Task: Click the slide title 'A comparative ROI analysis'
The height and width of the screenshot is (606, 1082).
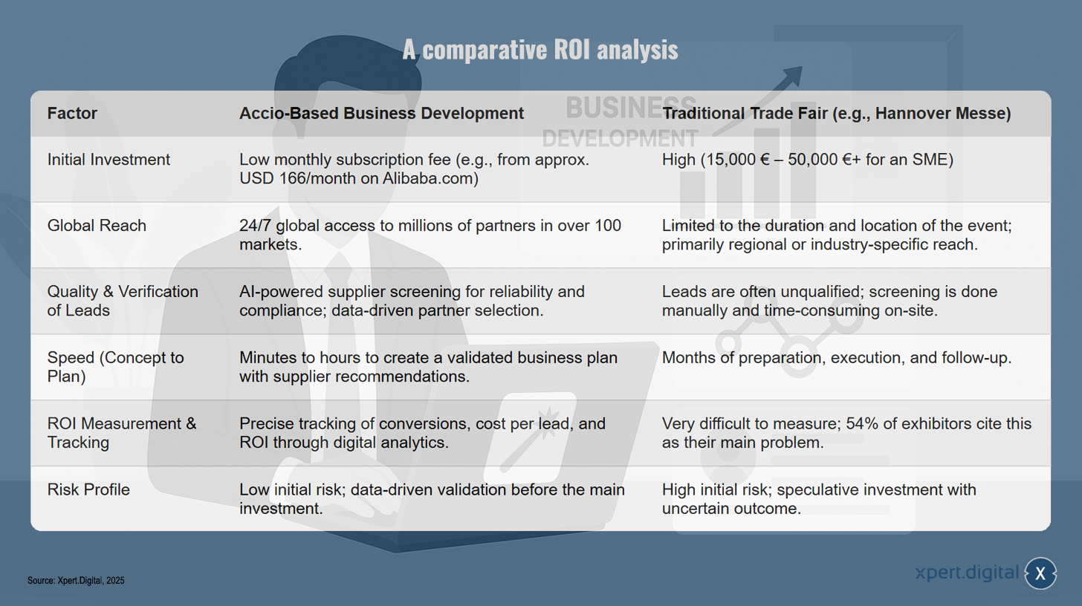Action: point(540,50)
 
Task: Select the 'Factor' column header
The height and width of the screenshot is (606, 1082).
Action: point(72,114)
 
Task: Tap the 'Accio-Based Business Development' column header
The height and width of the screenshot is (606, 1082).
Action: point(381,114)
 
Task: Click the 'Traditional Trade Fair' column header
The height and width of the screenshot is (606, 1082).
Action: point(836,114)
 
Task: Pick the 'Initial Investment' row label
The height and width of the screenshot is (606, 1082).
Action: point(108,160)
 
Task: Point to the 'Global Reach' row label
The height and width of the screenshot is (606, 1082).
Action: point(97,226)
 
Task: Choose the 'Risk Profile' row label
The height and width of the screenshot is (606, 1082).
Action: point(88,489)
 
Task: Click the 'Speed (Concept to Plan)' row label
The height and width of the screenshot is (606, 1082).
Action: point(115,367)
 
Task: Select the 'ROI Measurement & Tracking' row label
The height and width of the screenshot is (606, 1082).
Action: point(122,433)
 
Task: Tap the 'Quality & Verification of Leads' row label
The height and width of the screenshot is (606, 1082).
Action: point(123,301)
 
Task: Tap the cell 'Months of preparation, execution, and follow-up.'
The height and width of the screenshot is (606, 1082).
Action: point(837,358)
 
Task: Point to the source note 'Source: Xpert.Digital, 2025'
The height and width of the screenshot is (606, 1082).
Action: point(76,581)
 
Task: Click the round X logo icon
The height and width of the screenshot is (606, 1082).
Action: point(1040,573)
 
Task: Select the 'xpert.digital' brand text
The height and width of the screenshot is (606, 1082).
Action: point(967,573)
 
